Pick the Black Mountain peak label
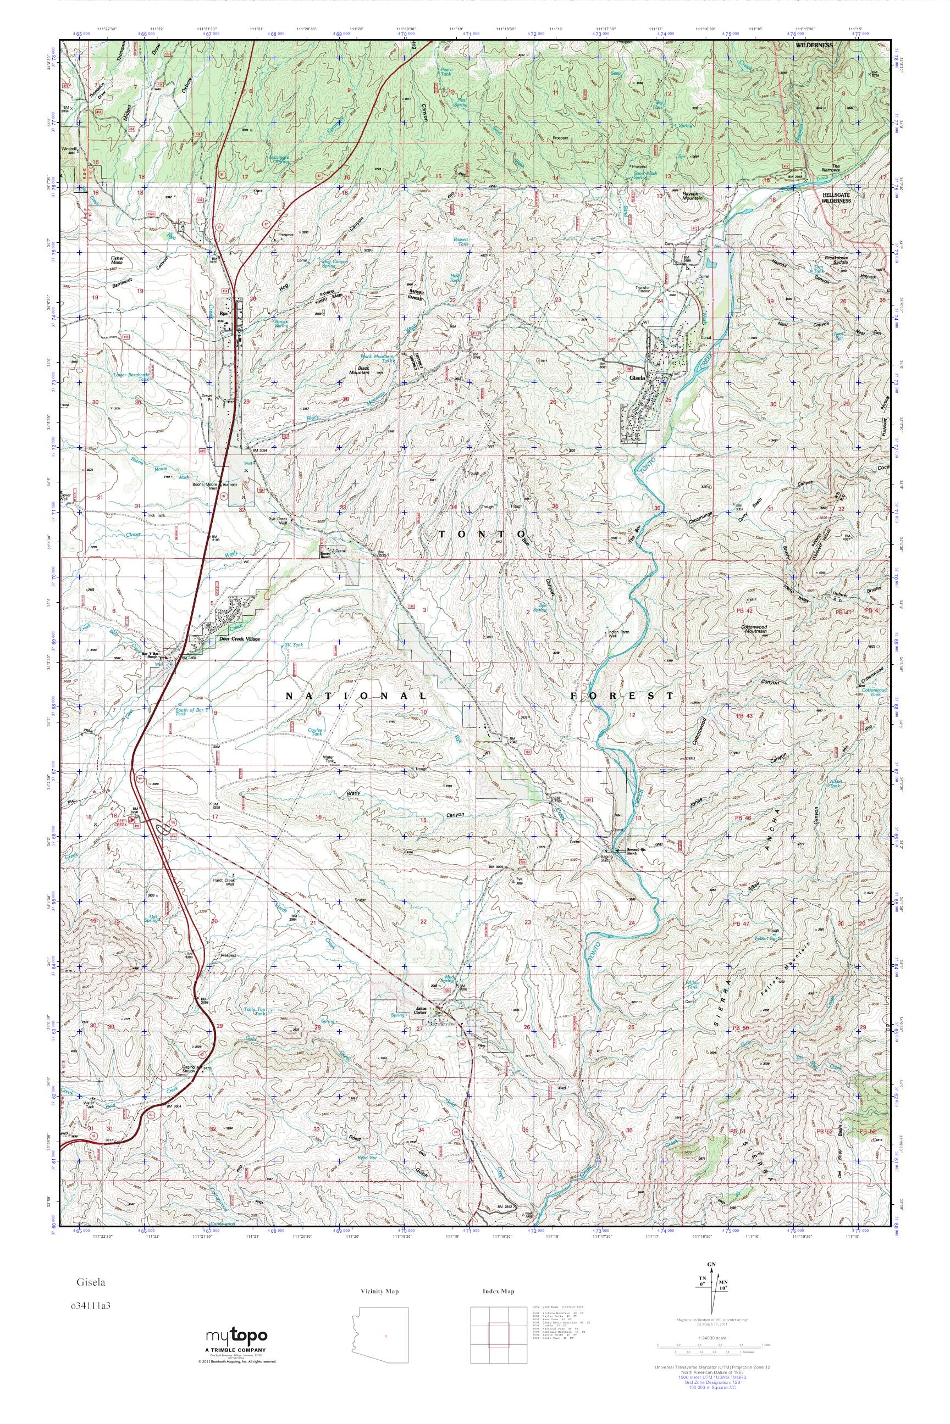click(363, 370)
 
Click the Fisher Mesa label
click(117, 260)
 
